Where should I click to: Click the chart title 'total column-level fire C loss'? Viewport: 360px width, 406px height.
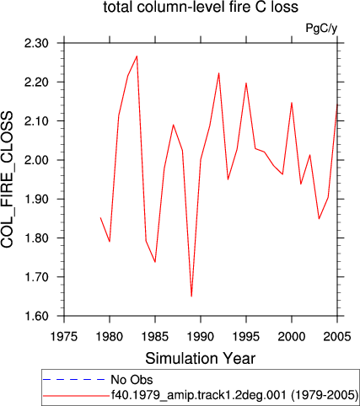[201, 7]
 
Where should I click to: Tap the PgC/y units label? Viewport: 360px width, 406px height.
[321, 29]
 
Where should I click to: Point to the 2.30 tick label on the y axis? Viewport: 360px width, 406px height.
[36, 44]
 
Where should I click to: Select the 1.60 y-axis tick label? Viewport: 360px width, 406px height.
[36, 316]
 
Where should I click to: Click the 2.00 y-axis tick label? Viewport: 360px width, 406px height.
[36, 160]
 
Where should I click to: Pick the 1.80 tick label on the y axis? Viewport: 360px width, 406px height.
[36, 238]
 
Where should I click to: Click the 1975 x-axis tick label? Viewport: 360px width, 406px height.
[64, 336]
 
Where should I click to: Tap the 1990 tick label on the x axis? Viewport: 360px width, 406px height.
[201, 336]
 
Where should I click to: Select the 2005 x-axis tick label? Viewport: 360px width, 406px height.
[337, 336]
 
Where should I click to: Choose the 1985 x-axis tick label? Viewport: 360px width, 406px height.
[155, 336]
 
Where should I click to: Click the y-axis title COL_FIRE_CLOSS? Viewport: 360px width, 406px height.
[7, 179]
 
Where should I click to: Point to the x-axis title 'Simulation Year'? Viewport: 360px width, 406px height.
[201, 359]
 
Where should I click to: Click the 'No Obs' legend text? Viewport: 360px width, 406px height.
[132, 380]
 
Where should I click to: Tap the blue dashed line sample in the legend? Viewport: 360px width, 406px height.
[73, 380]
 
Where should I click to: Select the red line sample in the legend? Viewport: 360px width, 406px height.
[76, 396]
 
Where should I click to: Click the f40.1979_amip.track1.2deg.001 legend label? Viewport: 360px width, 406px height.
[199, 395]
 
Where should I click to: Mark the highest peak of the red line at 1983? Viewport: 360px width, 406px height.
[137, 56]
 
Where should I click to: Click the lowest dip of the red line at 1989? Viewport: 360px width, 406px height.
[191, 296]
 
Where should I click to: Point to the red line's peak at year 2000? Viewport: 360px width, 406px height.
[292, 103]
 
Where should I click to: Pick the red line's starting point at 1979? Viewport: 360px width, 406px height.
[100, 217]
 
